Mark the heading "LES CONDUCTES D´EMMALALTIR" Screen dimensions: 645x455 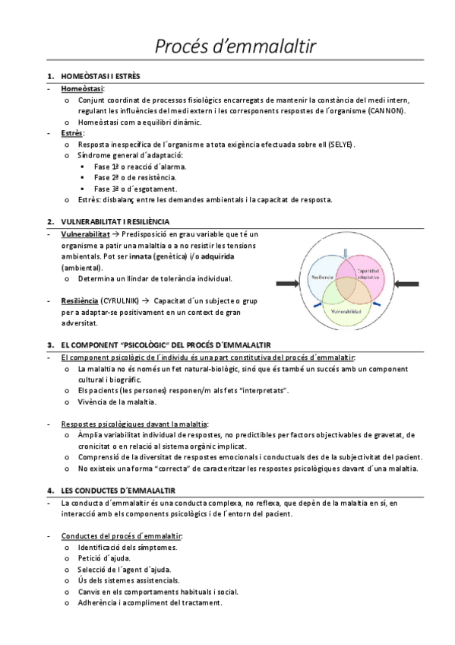pyautogui.click(x=118, y=490)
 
